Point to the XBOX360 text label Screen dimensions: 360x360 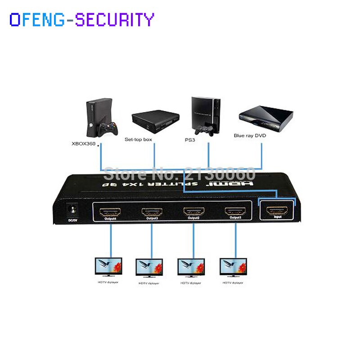point(84,144)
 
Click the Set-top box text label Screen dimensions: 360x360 point(138,140)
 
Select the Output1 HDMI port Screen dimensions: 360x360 point(235,211)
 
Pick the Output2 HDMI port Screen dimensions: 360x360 point(193,211)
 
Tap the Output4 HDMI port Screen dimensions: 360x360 point(110,212)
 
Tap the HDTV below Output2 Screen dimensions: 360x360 point(191,267)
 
